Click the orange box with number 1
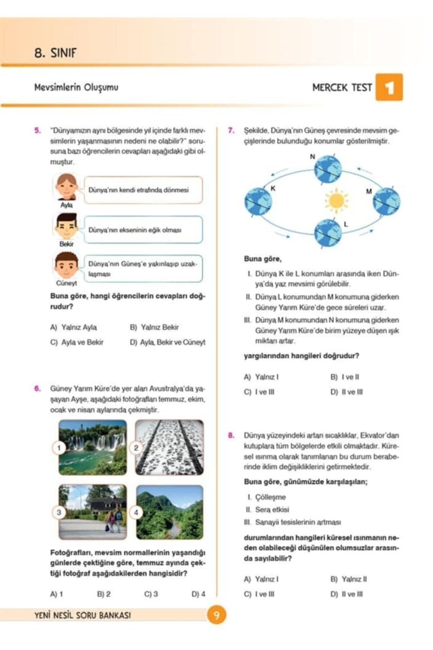coord(389,87)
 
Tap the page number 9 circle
coord(216,615)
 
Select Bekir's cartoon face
coord(66,227)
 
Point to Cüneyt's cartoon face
coord(66,266)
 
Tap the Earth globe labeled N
coord(327,169)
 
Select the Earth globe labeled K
coord(258,201)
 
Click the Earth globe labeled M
coord(386,201)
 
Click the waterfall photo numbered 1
coord(93,447)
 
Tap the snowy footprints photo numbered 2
coord(170,447)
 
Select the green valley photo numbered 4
coord(170,512)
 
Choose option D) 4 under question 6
coord(198,594)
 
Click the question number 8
coord(231,435)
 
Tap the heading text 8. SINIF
coord(56,53)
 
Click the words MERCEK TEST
coord(342,88)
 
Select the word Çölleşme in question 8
coord(270,497)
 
